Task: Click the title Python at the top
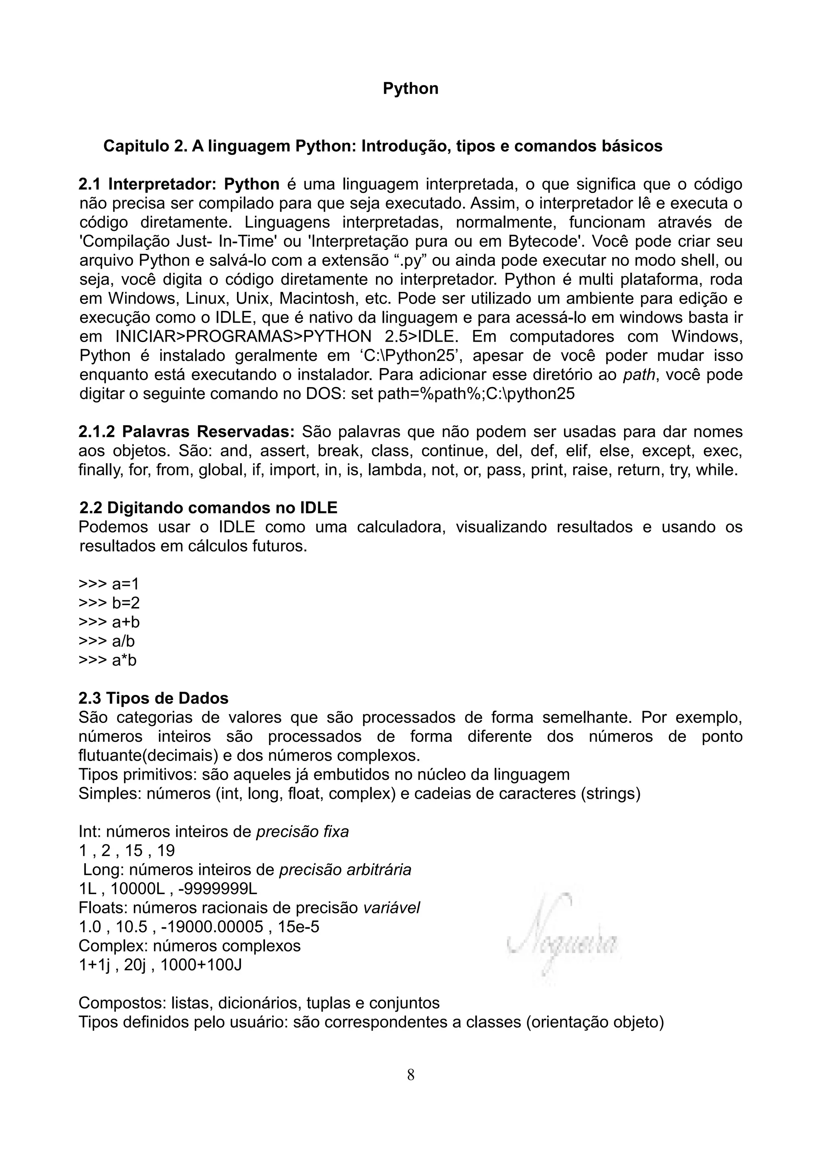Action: [x=410, y=89]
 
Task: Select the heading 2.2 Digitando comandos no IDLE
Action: [x=208, y=508]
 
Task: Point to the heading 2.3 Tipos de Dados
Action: [x=153, y=698]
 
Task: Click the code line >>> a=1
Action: [x=108, y=584]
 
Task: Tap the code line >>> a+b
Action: [x=109, y=622]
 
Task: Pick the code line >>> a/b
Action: [x=107, y=641]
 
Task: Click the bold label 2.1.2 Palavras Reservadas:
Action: [x=186, y=432]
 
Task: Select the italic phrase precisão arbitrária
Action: [x=345, y=870]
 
